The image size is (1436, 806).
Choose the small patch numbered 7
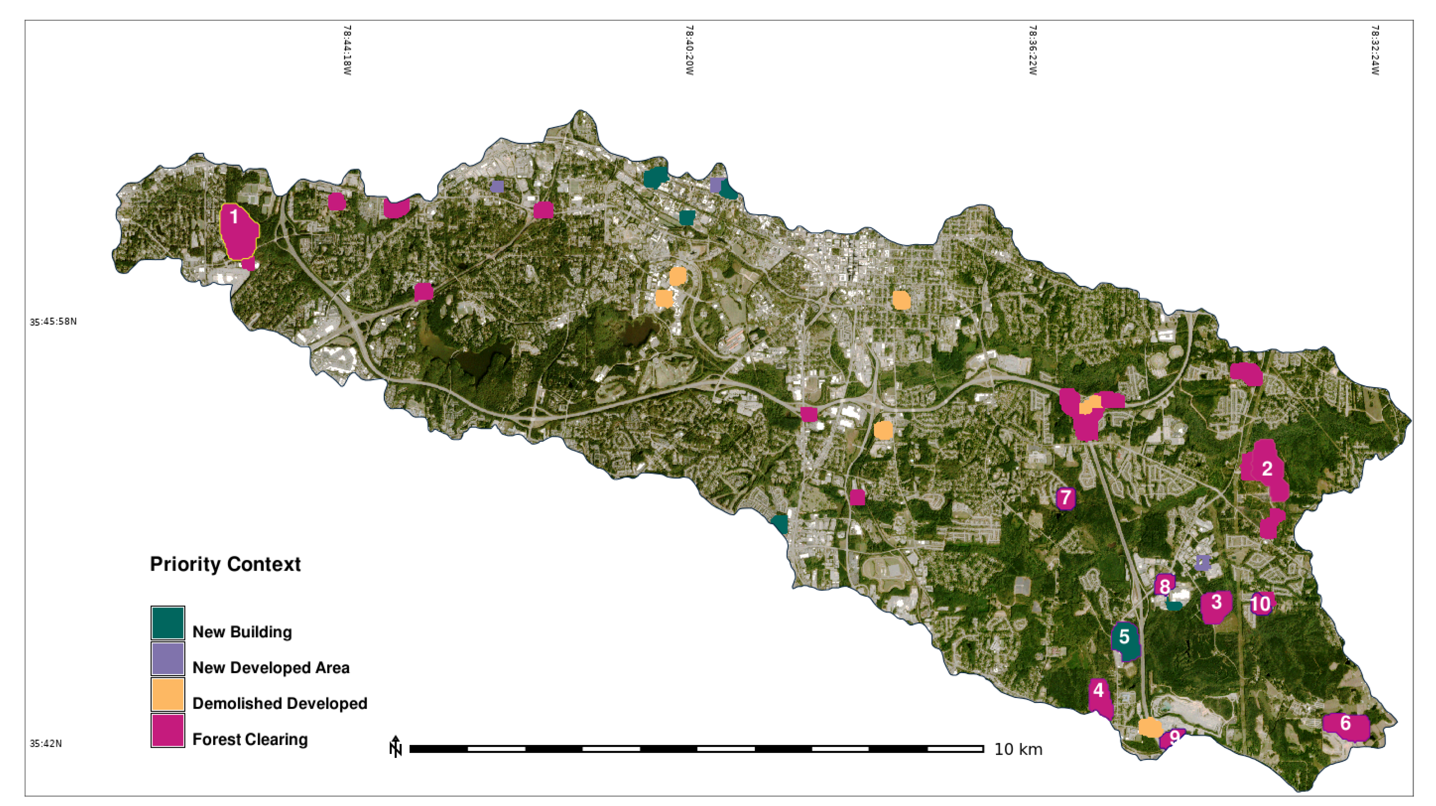pyautogui.click(x=1065, y=498)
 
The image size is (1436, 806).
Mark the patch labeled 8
pyautogui.click(x=1164, y=585)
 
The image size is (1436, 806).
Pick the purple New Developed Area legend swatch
pyautogui.click(x=168, y=659)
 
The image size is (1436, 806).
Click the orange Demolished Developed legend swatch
pyautogui.click(x=168, y=694)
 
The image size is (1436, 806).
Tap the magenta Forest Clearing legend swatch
pyautogui.click(x=168, y=730)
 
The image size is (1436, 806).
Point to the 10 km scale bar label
pyautogui.click(x=1018, y=749)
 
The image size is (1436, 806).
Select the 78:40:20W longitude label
pyautogui.click(x=689, y=50)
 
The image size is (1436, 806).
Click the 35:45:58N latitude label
pyautogui.click(x=53, y=321)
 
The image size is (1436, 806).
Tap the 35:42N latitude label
pyautogui.click(x=46, y=744)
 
